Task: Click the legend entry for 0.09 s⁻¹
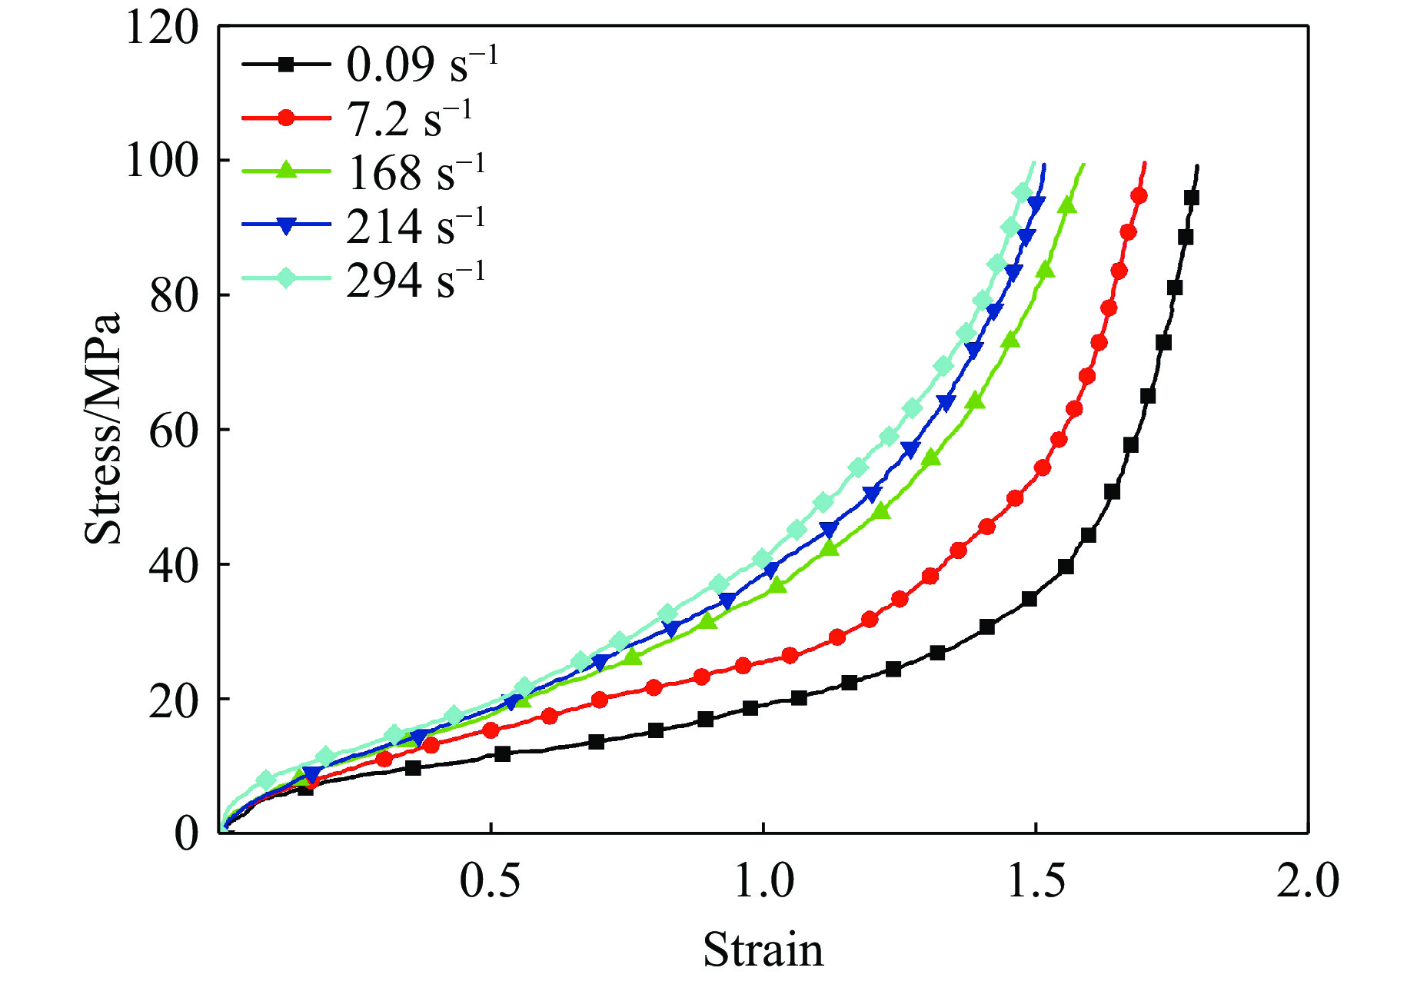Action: click(421, 64)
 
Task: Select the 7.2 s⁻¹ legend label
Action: click(409, 118)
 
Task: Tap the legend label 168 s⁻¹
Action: click(416, 172)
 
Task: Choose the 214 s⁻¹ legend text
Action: click(416, 227)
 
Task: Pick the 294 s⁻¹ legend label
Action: click(416, 281)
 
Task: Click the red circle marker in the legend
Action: click(286, 118)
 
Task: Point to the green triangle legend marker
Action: click(286, 171)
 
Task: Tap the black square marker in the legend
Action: click(286, 64)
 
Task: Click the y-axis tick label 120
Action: click(161, 28)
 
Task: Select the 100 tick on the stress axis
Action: click(161, 161)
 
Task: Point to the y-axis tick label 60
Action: click(173, 431)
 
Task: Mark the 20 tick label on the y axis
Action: click(173, 700)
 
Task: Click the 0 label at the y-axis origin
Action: click(186, 833)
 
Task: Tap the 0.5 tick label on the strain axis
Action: click(490, 881)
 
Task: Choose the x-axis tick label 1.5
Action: click(1036, 881)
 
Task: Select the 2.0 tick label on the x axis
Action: click(1307, 881)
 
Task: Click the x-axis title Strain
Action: click(763, 950)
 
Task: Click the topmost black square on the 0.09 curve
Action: click(1191, 198)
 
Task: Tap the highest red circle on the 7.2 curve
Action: click(1139, 197)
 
